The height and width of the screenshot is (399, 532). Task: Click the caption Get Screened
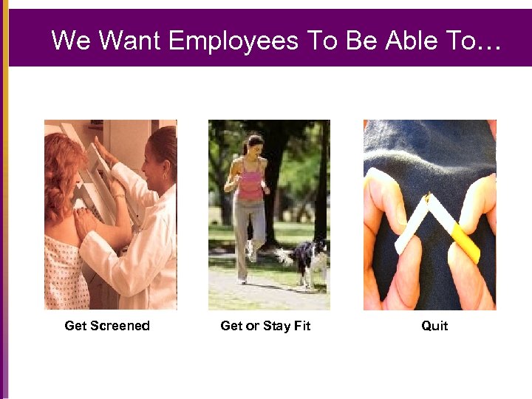(x=107, y=326)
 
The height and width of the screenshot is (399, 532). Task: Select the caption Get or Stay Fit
(x=265, y=326)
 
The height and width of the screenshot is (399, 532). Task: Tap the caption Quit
(x=434, y=326)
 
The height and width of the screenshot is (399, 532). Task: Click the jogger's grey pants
(x=248, y=229)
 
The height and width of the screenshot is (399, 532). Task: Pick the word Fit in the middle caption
(x=301, y=326)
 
